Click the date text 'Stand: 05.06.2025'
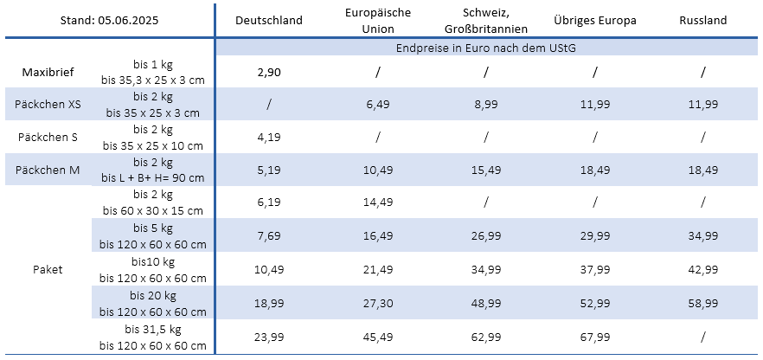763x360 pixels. [106, 20]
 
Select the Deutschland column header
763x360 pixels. [269, 20]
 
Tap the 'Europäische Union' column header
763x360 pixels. [378, 20]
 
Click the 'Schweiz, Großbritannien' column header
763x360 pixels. [486, 20]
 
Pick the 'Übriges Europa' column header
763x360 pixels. [595, 20]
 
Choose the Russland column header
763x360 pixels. [703, 20]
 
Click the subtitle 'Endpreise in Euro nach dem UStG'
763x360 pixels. [486, 48]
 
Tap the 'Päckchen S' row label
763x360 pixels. [48, 137]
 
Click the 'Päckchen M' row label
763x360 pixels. [48, 170]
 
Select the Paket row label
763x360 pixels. [48, 269]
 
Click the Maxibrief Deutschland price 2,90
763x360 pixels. [269, 72]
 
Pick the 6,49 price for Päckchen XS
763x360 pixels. [378, 105]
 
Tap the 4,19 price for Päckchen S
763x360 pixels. [269, 137]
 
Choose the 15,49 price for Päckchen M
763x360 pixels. [486, 170]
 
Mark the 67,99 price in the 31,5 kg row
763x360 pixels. [595, 337]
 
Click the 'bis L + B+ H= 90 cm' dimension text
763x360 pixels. [153, 178]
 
